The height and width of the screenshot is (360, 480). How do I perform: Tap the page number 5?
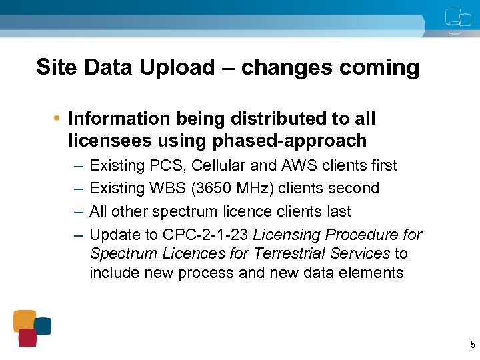(472, 345)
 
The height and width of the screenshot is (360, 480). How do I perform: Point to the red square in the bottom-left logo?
(27, 338)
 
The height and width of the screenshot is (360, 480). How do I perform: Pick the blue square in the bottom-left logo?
(43, 326)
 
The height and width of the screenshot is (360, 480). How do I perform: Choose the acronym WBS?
(167, 188)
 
